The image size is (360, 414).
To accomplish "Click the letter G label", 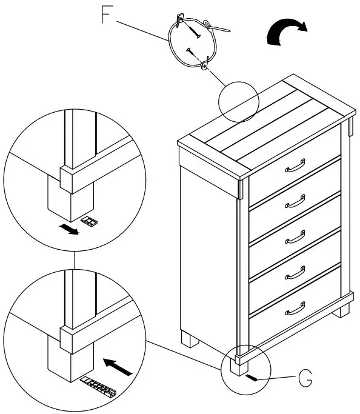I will coord(306,380).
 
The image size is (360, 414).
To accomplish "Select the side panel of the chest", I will coord(208,249).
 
